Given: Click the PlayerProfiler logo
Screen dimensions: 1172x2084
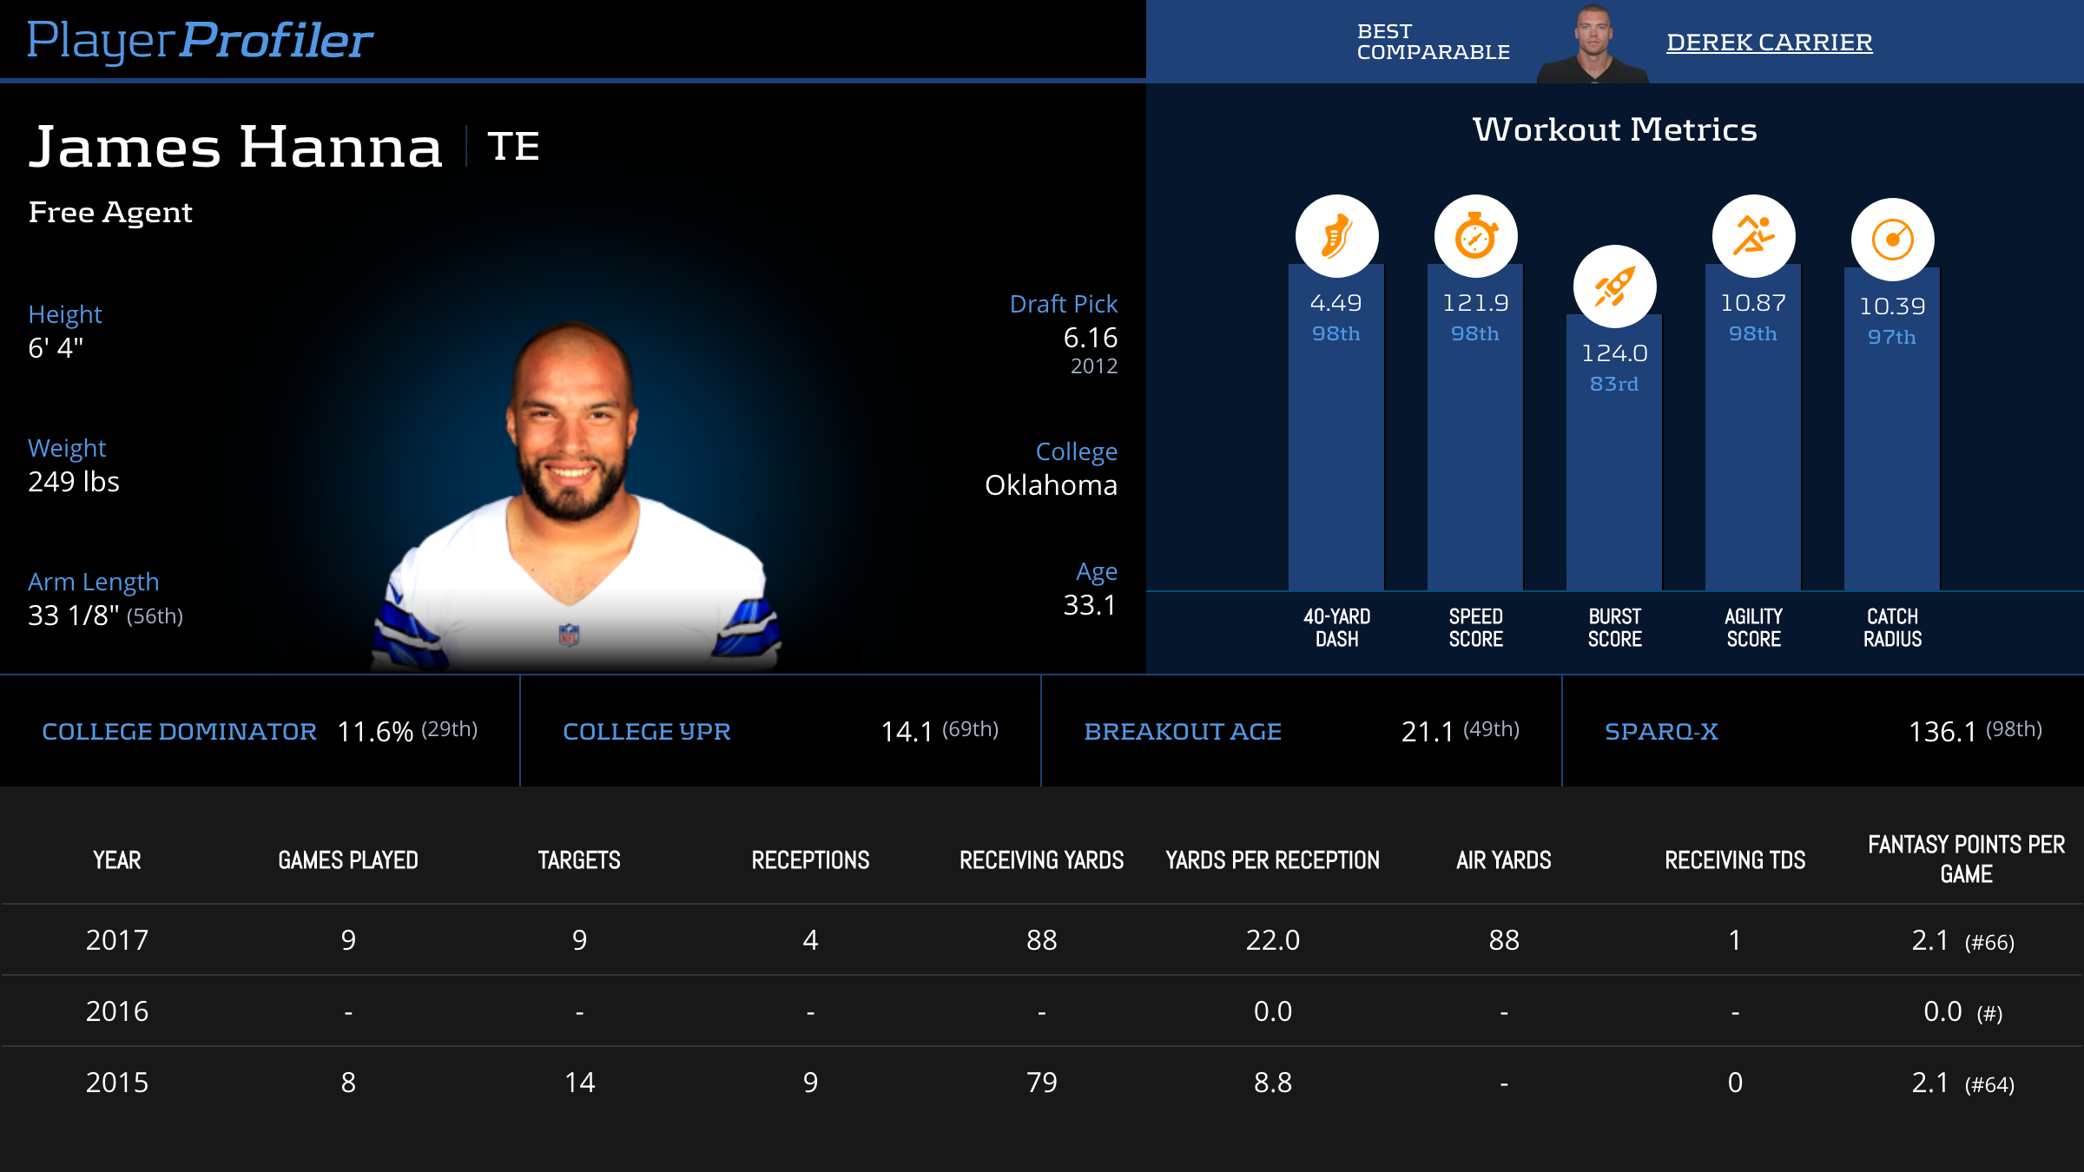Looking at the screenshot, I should coord(200,40).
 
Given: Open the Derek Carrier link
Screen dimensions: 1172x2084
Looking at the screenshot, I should coord(1769,42).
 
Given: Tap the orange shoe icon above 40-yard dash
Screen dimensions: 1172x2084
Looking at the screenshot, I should coord(1336,236).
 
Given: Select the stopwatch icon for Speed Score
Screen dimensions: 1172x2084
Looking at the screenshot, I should coord(1475,236).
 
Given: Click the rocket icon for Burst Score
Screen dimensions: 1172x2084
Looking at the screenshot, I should coord(1614,286).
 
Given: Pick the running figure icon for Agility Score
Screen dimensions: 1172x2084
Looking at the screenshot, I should coord(1753,236).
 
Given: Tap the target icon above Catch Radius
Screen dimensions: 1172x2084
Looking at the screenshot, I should coord(1892,240).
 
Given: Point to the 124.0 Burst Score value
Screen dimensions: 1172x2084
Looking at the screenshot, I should coord(1614,353).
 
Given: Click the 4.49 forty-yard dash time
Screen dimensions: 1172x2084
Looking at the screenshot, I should coord(1335,303).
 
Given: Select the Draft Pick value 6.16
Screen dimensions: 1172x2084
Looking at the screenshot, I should coord(1090,338).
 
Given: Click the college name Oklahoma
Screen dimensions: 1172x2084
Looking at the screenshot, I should coord(1051,485).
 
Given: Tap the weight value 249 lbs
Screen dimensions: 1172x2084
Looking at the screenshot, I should coord(74,482).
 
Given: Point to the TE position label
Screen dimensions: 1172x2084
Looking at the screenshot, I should coord(513,146).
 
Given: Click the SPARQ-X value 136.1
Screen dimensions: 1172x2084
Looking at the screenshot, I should coord(1942,732).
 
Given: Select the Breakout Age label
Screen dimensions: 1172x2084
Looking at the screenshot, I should coord(1182,732).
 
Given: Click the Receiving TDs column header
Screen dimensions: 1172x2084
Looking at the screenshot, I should coord(1734,860).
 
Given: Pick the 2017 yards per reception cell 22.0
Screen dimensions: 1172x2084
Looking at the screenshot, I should coord(1272,940).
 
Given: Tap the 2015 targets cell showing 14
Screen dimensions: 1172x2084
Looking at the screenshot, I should coord(579,1083).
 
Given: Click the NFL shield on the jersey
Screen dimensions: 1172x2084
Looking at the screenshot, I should coord(569,635).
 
